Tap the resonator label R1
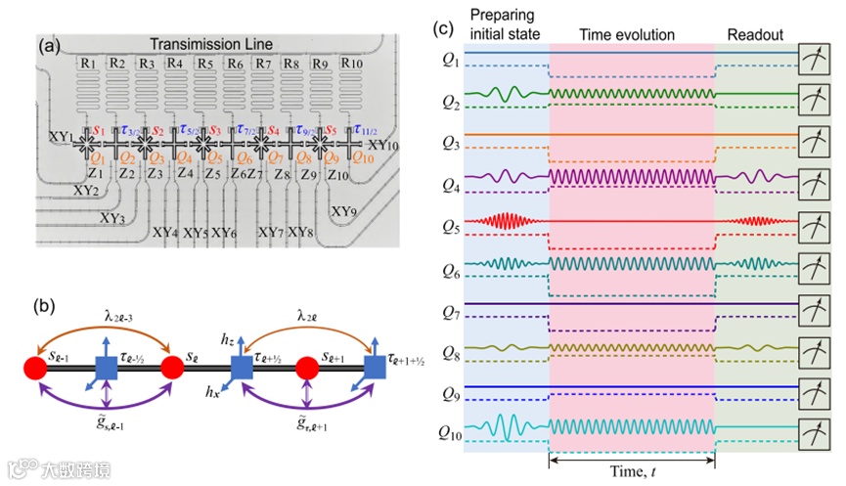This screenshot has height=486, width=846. point(87,64)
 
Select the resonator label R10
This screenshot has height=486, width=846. point(353,64)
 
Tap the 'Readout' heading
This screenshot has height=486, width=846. point(755,35)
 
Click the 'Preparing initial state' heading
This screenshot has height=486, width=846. point(503,25)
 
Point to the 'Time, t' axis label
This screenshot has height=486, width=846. point(632,471)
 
